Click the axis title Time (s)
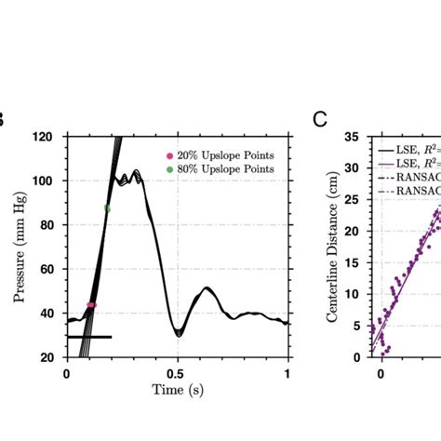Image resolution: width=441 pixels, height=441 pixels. (x=177, y=390)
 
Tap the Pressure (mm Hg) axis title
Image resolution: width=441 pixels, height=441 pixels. (x=20, y=247)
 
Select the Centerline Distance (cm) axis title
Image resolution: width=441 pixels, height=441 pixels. (x=332, y=247)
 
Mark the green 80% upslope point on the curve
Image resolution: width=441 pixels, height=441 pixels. (x=107, y=208)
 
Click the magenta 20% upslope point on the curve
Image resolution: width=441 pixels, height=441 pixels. (x=91, y=305)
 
